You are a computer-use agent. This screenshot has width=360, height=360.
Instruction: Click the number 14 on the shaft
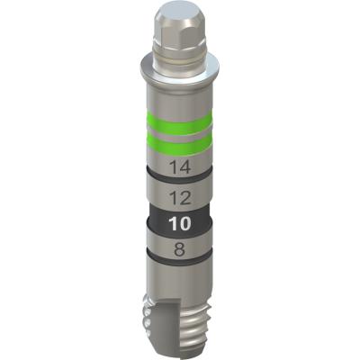(180, 167)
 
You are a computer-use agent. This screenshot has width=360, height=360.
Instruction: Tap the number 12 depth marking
(180, 198)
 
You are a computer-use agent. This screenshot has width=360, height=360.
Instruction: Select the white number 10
(180, 223)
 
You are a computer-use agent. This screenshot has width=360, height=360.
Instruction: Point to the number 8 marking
(179, 249)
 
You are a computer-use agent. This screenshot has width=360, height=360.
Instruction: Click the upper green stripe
(179, 123)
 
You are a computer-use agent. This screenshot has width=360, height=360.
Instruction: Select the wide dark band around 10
(179, 223)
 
